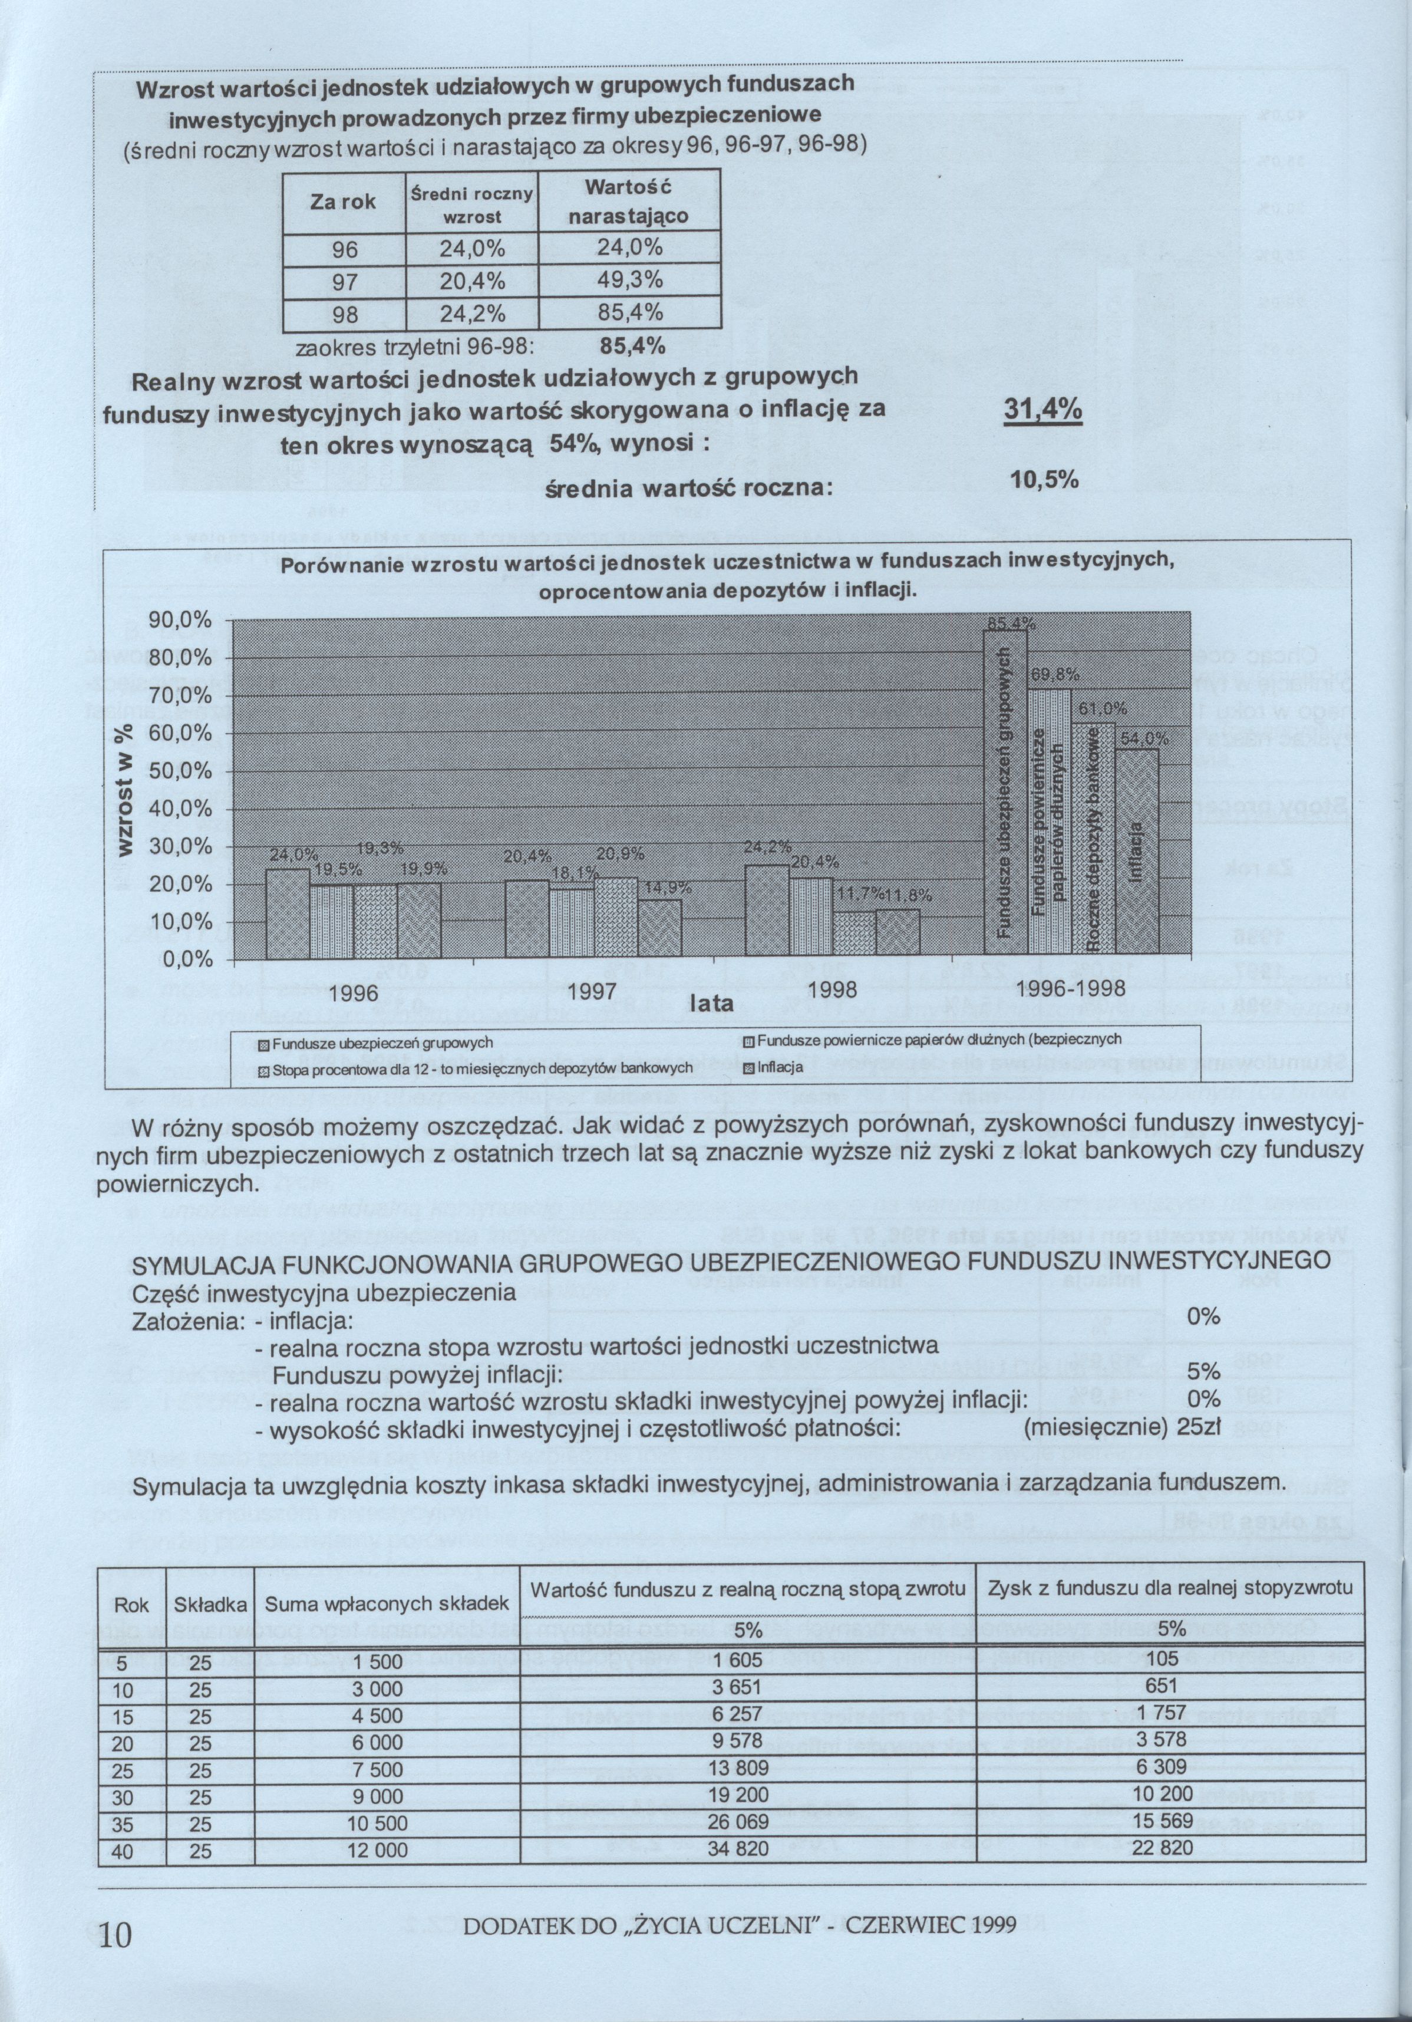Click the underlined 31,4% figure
point(1043,412)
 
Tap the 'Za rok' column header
point(342,202)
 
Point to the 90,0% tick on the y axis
point(180,621)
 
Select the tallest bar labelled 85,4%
point(1004,793)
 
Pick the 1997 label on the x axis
point(592,991)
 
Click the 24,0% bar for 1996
point(288,912)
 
